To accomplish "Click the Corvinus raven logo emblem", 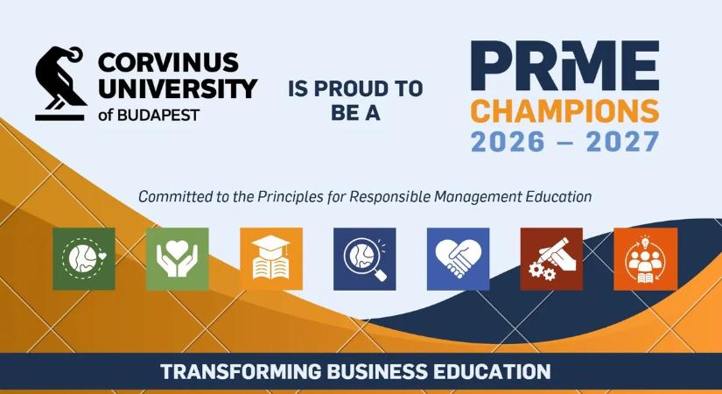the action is pyautogui.click(x=60, y=83).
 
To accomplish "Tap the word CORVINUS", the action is pyautogui.click(x=168, y=63).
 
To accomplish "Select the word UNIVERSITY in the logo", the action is pyautogui.click(x=178, y=88).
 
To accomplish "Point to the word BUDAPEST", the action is pyautogui.click(x=158, y=115).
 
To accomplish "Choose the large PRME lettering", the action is pyautogui.click(x=565, y=66).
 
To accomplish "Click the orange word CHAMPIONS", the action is pyautogui.click(x=565, y=111).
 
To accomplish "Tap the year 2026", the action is pyautogui.click(x=508, y=142).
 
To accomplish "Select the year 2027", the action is pyautogui.click(x=622, y=142).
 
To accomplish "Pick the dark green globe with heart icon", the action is pyautogui.click(x=84, y=259).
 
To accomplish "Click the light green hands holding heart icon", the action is pyautogui.click(x=178, y=259).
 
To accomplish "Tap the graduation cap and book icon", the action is pyautogui.click(x=271, y=259).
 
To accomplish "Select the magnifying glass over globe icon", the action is pyautogui.click(x=365, y=259).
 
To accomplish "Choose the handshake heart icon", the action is pyautogui.click(x=459, y=259).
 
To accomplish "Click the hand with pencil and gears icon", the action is pyautogui.click(x=551, y=259).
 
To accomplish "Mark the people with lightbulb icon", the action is pyautogui.click(x=646, y=259).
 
